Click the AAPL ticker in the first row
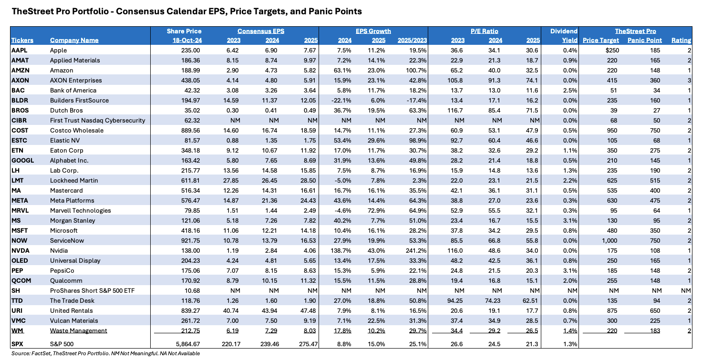pos(19,50)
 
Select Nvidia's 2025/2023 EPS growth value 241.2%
pos(416,251)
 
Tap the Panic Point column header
pos(644,40)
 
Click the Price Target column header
pos(600,40)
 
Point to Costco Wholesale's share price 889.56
pos(190,130)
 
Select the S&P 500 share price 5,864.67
pos(188,344)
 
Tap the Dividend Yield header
pos(564,36)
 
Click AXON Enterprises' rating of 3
pos(689,80)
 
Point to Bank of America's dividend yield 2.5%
pos(570,90)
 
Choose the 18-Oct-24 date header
pos(187,40)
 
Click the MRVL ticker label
pos(20,211)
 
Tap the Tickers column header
pos(22,40)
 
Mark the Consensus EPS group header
pos(261,31)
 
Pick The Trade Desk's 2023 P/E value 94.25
pos(455,301)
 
